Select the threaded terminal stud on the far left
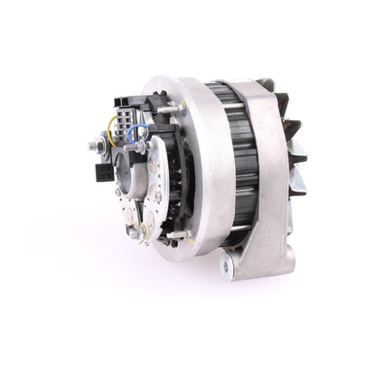[94, 145]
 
